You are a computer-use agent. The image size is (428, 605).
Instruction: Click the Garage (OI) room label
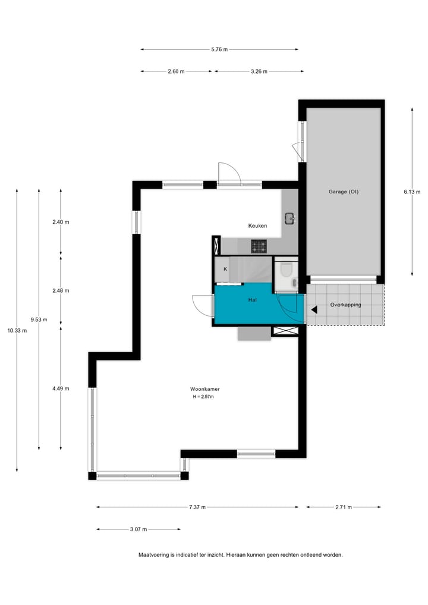click(343, 192)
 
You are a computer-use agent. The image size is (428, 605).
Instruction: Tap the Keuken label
click(257, 225)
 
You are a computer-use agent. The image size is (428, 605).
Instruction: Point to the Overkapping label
click(345, 305)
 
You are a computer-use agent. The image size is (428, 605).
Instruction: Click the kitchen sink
click(290, 218)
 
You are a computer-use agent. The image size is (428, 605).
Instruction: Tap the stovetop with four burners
click(259, 245)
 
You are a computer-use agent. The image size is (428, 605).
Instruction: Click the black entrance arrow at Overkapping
click(314, 309)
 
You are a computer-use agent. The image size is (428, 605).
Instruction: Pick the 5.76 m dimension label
click(219, 49)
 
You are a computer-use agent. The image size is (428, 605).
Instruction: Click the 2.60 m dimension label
click(176, 71)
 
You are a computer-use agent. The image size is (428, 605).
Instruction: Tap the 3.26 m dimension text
click(259, 71)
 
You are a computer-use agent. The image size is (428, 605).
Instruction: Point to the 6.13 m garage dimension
click(412, 192)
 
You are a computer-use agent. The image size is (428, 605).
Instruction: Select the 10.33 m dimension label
click(17, 331)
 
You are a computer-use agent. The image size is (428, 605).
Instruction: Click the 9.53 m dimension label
click(39, 319)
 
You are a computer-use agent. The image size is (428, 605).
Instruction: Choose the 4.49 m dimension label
click(61, 388)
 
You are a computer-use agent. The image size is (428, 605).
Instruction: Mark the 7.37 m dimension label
click(197, 507)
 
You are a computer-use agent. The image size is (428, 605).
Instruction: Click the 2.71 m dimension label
click(344, 507)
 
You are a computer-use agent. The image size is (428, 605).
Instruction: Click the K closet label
click(225, 269)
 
